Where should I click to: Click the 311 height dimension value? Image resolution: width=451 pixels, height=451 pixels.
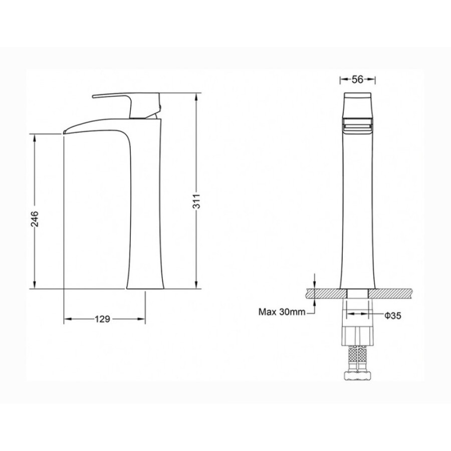[x=196, y=201]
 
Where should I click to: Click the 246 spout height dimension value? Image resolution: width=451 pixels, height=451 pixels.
[x=35, y=218]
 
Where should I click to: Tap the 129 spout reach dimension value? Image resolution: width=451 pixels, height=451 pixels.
[x=102, y=319]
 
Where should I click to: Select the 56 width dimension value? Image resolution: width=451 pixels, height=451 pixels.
[x=357, y=79]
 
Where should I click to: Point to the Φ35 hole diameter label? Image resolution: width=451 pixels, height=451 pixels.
[x=392, y=316]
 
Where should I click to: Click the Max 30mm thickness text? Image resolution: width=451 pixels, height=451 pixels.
[x=282, y=312]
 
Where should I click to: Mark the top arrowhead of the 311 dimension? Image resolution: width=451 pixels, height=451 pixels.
[x=196, y=97]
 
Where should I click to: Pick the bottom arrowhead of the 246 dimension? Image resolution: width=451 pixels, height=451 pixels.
[x=35, y=285]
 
